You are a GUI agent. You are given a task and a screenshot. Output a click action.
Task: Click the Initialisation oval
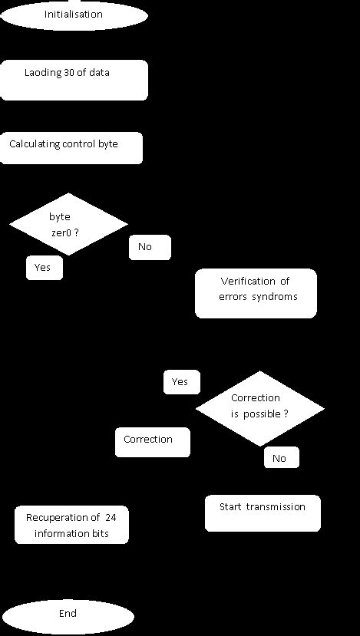[x=73, y=15]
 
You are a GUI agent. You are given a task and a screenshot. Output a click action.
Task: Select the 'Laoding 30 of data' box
[x=74, y=80]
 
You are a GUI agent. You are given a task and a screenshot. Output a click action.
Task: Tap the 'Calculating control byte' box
[x=71, y=147]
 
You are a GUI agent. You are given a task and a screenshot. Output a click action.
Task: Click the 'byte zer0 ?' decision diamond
[x=68, y=224]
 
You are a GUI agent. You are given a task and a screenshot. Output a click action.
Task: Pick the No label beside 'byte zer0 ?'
[x=149, y=247]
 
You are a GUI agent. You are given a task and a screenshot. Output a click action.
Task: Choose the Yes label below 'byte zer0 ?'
[x=44, y=268]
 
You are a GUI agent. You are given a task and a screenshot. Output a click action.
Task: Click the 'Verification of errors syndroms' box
[x=256, y=292]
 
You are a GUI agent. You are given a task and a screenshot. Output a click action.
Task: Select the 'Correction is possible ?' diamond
[x=259, y=407]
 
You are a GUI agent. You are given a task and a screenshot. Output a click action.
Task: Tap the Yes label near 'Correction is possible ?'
[x=181, y=382]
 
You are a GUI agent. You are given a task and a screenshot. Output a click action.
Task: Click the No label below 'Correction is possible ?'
[x=281, y=458]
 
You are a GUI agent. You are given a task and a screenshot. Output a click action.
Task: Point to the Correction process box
[x=152, y=442]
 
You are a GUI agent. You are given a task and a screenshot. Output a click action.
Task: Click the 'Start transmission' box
[x=263, y=512]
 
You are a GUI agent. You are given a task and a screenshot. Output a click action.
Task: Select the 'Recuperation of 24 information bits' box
[x=71, y=525]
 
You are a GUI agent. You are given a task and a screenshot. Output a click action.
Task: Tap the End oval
[x=68, y=615]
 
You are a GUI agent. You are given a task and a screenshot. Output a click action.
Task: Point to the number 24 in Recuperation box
[x=111, y=518]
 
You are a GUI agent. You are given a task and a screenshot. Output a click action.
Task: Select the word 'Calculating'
[x=35, y=143]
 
